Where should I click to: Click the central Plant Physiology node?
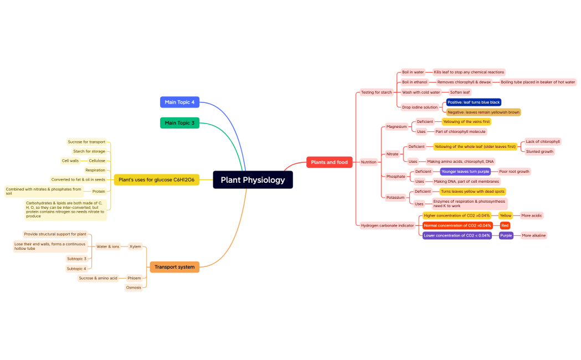[x=253, y=179]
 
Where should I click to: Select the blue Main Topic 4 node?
[x=179, y=102]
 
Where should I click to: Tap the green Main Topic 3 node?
[x=179, y=122]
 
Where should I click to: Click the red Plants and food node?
[x=329, y=162]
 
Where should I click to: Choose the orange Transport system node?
[x=174, y=267]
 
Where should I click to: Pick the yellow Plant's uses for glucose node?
[x=156, y=179]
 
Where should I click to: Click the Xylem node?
[x=135, y=246]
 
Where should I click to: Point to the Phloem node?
[x=134, y=278]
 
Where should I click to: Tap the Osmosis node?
[x=133, y=287]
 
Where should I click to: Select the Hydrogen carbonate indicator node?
[x=387, y=225]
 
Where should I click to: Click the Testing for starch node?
[x=376, y=92]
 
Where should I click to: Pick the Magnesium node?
[x=397, y=126]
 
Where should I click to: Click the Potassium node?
[x=395, y=197]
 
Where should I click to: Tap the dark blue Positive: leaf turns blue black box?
[x=474, y=102]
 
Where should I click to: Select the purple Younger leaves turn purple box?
[x=465, y=172]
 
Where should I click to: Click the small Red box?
[x=505, y=225]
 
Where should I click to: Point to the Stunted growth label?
[x=539, y=151]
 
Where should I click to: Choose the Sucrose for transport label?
[x=86, y=142]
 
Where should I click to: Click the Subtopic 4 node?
[x=76, y=269]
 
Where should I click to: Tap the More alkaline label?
[x=533, y=235]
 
